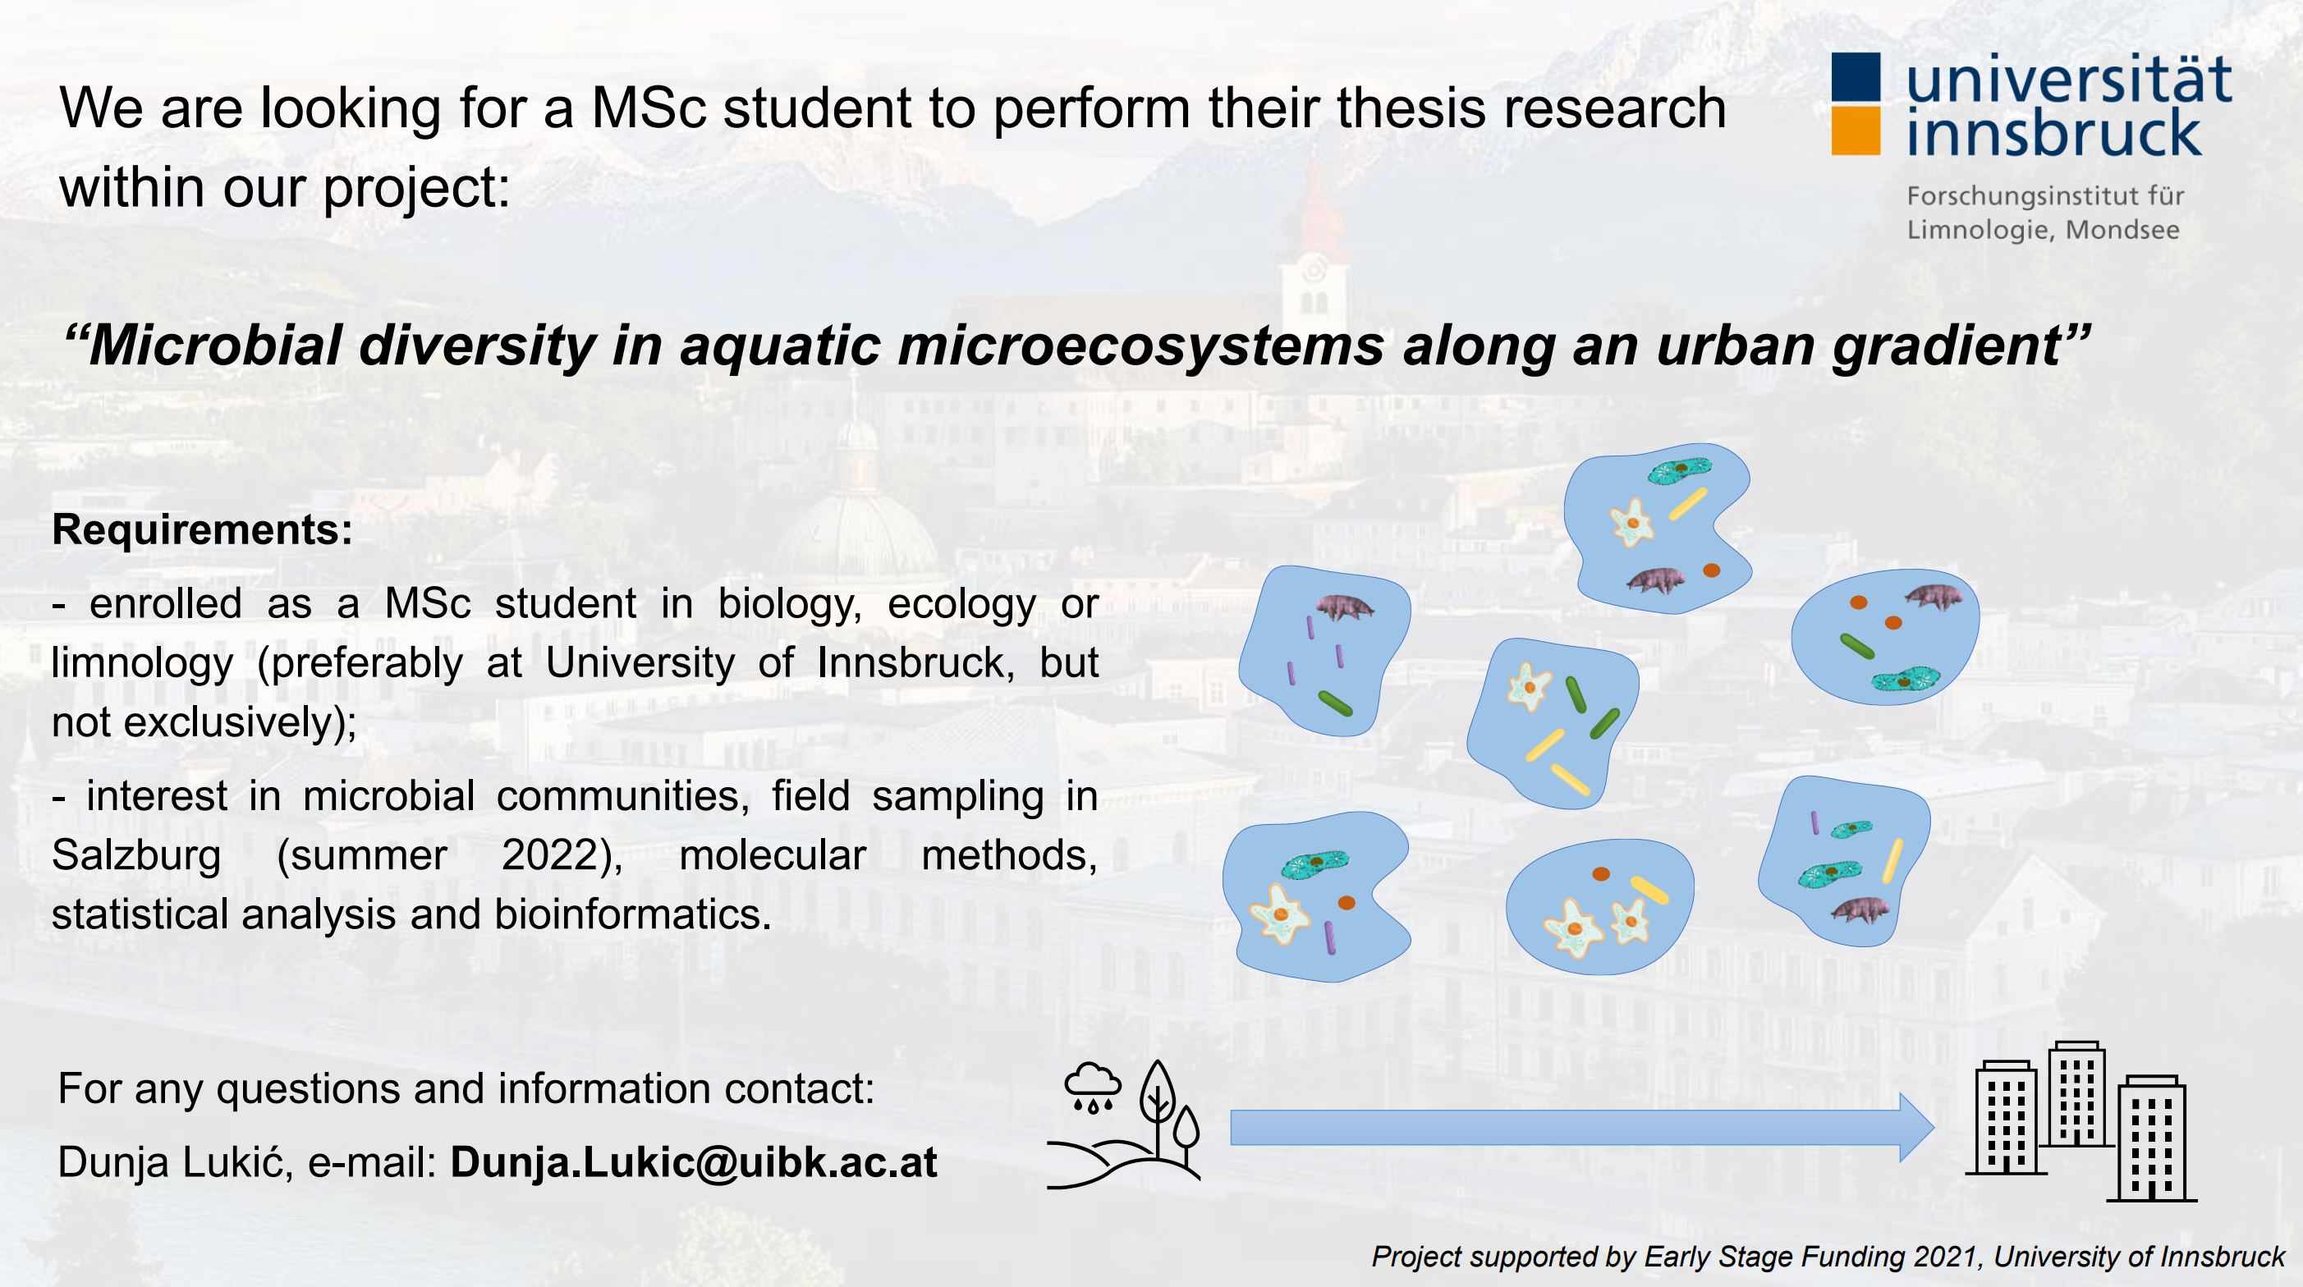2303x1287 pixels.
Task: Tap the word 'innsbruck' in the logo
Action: (2053, 132)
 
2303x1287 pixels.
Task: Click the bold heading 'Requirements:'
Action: (203, 530)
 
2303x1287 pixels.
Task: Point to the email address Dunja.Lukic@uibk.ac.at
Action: (694, 1162)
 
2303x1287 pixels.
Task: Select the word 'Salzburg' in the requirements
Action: (137, 856)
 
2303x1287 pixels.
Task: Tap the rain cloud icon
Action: (1093, 1087)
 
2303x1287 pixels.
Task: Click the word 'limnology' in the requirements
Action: (142, 663)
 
